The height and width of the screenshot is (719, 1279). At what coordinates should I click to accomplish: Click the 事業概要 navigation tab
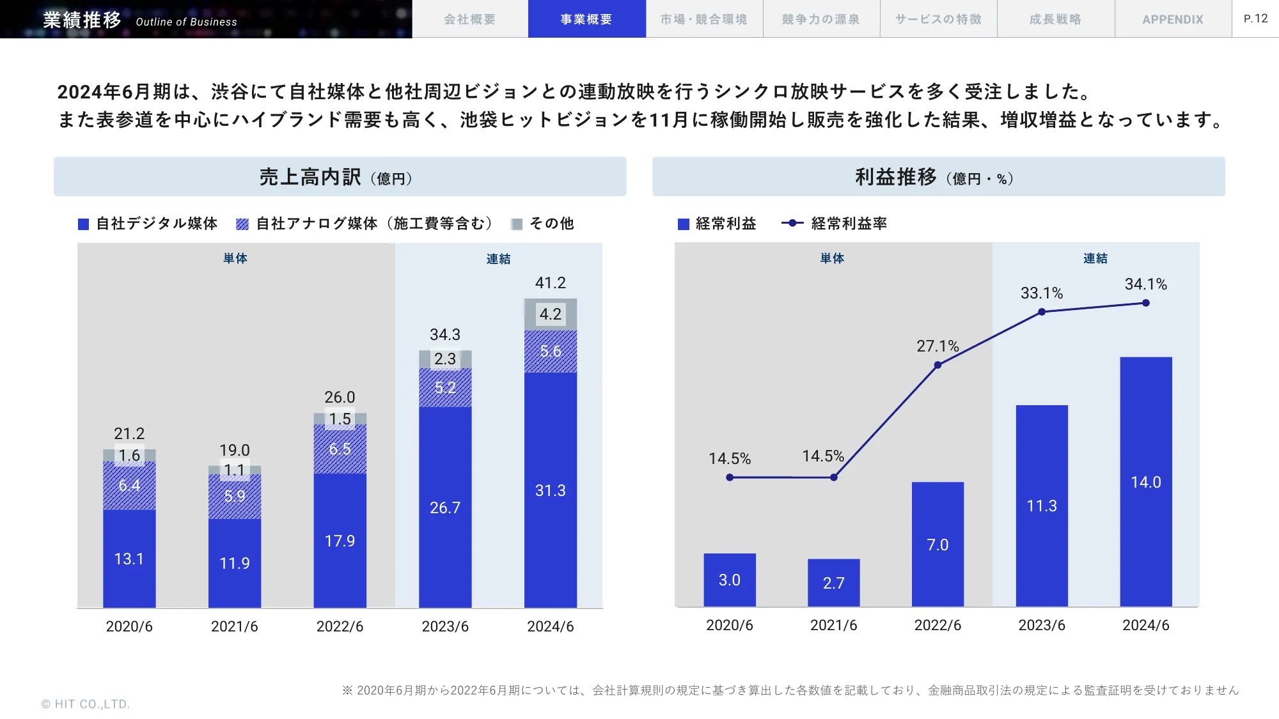(x=586, y=19)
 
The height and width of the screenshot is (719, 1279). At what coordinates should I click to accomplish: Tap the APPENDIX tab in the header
(x=1173, y=19)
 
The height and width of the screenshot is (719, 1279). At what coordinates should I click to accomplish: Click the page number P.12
(x=1255, y=19)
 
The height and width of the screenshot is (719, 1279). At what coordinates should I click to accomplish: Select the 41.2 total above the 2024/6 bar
(x=550, y=282)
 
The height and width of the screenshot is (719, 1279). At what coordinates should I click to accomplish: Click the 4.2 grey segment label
(x=550, y=314)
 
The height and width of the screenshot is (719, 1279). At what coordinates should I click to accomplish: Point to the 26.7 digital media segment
(x=445, y=507)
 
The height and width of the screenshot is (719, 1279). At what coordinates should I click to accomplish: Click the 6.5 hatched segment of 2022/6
(x=340, y=449)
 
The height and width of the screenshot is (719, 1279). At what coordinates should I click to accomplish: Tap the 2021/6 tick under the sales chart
(x=234, y=626)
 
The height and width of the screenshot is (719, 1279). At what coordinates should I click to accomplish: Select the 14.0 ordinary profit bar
(x=1145, y=482)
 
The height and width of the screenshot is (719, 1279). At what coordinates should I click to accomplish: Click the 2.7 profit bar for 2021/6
(x=833, y=582)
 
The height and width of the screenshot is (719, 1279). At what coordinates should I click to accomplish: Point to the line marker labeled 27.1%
(x=938, y=365)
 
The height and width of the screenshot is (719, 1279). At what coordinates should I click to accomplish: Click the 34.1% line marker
(x=1145, y=303)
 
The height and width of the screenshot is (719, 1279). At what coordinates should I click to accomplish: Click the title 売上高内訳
(x=310, y=177)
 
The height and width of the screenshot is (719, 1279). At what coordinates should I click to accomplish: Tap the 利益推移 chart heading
(x=895, y=177)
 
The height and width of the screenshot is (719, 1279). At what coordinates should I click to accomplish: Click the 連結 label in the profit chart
(x=1095, y=258)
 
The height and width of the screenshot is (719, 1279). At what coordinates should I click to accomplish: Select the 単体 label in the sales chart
(x=235, y=258)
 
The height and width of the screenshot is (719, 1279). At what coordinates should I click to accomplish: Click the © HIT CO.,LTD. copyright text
(x=86, y=704)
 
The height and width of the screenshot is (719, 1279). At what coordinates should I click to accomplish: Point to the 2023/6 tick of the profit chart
(x=1041, y=625)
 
